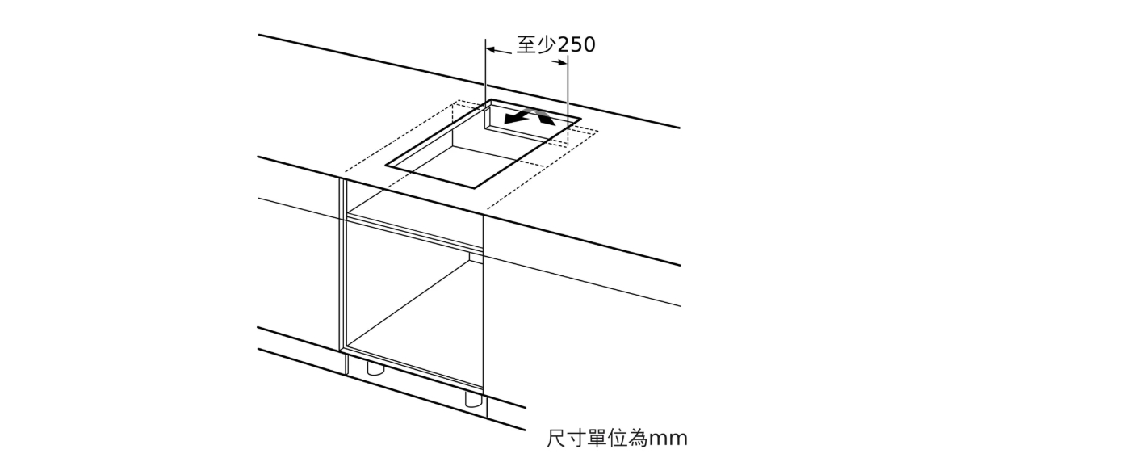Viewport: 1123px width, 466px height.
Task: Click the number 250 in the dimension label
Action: (x=576, y=44)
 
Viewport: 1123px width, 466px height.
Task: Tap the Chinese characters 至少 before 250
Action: (x=536, y=44)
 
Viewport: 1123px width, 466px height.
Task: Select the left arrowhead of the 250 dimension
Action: (x=492, y=49)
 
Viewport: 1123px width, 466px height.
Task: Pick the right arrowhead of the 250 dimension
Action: (x=562, y=62)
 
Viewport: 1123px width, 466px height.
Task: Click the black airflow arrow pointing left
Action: (x=518, y=117)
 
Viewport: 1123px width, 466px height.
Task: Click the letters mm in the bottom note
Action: (x=668, y=439)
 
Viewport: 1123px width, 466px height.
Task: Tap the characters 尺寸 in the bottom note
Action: (x=567, y=439)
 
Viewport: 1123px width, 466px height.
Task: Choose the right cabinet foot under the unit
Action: (x=473, y=400)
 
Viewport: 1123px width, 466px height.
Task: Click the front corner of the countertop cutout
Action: (x=474, y=187)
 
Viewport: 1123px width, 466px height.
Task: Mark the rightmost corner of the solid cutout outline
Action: (x=580, y=120)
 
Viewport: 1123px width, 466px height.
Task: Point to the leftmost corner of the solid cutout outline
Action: (x=387, y=165)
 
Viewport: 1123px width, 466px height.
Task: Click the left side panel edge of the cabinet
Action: (x=343, y=276)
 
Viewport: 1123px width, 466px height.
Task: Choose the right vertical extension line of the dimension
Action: (x=568, y=100)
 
